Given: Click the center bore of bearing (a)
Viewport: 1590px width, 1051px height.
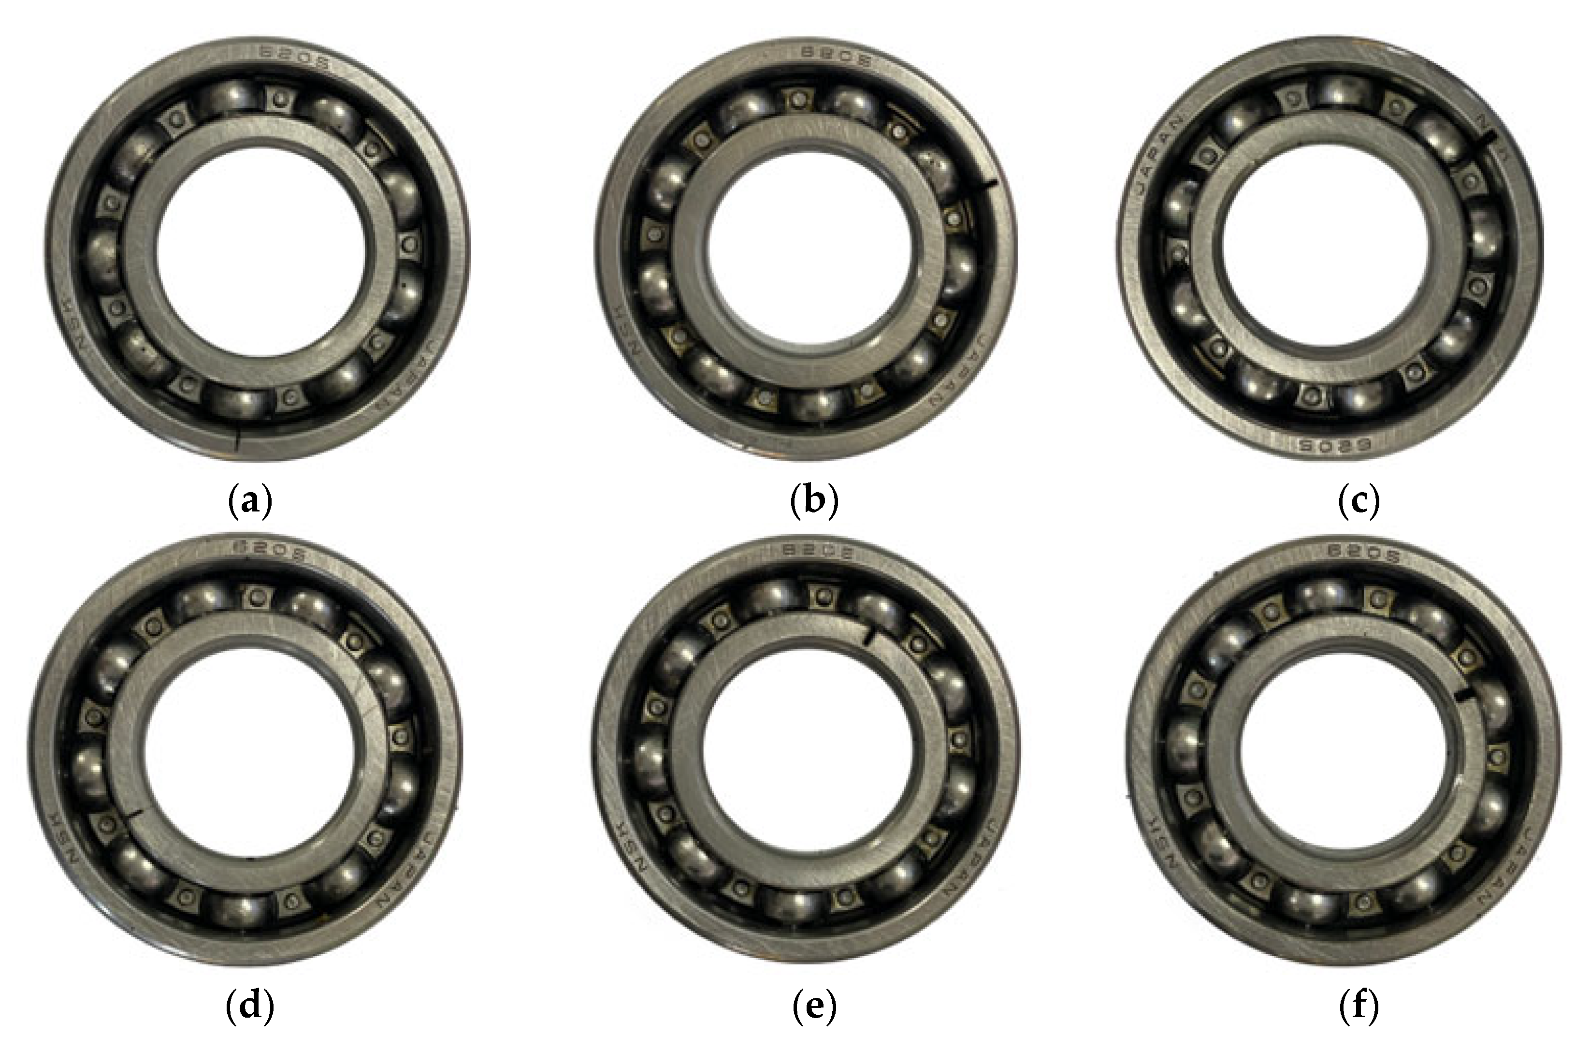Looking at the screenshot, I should (x=261, y=251).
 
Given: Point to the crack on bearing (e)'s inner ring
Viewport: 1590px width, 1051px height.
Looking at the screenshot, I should (x=868, y=635).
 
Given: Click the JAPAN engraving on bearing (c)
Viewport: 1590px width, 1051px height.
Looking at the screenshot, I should (x=1158, y=154).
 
